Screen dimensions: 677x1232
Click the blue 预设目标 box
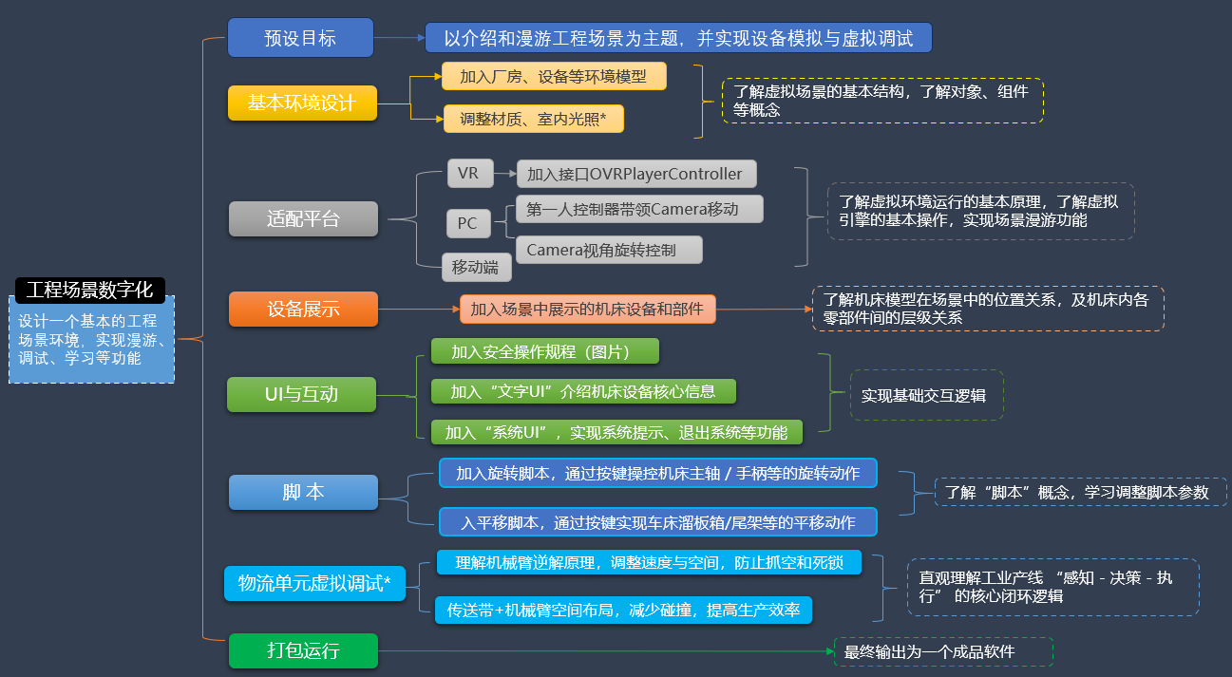(300, 38)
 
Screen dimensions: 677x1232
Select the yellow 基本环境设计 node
(302, 103)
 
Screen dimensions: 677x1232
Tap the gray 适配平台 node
(303, 219)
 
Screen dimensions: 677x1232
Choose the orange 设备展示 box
(303, 309)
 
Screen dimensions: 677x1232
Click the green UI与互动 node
(301, 394)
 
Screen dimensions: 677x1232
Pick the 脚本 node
(303, 492)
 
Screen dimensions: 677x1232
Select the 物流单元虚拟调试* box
(314, 583)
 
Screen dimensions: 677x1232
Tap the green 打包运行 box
(303, 650)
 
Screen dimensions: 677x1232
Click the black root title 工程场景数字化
(90, 290)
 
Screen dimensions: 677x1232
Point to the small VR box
(468, 173)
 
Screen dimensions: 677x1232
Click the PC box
(467, 223)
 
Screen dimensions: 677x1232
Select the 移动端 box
(476, 267)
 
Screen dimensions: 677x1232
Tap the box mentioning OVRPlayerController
(635, 174)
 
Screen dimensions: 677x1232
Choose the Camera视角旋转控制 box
(608, 250)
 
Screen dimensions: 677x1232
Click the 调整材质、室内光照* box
(533, 119)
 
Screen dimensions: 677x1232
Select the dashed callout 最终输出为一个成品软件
(942, 651)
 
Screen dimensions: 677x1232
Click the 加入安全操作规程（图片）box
(544, 351)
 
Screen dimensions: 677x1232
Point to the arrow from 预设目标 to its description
(399, 38)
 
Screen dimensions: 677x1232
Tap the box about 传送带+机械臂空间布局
(623, 610)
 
